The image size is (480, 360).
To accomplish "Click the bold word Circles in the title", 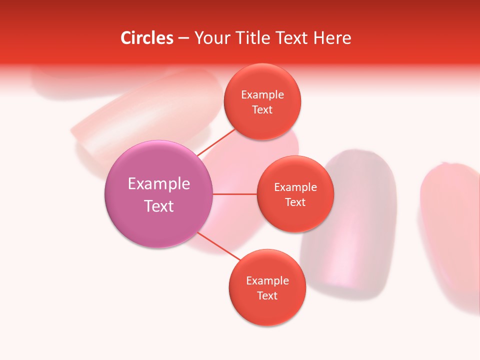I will (146, 38).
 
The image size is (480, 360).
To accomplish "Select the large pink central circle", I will (158, 194).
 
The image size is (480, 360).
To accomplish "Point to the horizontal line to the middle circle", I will (234, 194).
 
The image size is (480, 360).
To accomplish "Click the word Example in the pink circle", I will (158, 183).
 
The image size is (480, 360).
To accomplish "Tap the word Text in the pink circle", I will (158, 206).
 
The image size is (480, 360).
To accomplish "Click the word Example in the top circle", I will (262, 95).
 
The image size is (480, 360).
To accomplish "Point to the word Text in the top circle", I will (262, 110).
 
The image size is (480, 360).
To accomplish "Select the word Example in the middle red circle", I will (295, 187).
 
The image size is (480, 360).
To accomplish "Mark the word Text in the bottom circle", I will (267, 295).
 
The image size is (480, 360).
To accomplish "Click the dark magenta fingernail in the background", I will (350, 220).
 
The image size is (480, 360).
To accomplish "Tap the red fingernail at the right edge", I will (450, 230).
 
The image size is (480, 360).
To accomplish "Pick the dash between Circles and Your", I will (183, 38).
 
